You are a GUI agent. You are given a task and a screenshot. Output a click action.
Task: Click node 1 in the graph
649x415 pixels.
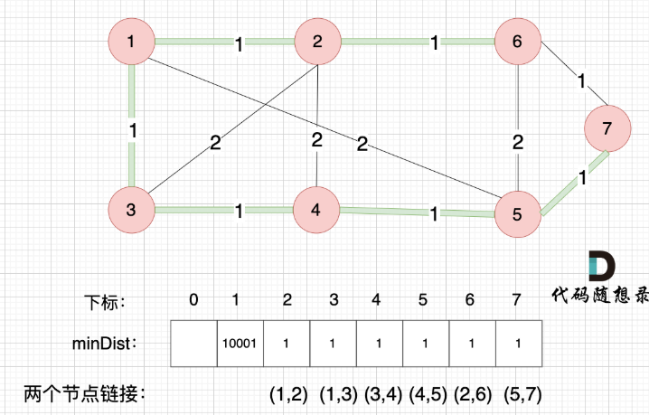[132, 42]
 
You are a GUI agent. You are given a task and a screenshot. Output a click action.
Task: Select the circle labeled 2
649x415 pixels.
[317, 42]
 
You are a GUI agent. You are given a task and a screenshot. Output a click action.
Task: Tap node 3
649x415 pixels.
[132, 211]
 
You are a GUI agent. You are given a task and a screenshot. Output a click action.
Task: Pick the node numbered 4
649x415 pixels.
[315, 211]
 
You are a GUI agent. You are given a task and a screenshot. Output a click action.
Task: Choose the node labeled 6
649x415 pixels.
[517, 42]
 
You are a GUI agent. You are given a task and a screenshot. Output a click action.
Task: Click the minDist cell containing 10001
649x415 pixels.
[240, 344]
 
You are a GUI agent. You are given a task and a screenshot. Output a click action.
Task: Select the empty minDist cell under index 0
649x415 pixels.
[193, 344]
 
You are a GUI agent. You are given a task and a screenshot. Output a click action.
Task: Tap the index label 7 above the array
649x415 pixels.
[517, 300]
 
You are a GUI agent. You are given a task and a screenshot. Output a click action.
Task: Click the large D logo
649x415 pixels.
[603, 266]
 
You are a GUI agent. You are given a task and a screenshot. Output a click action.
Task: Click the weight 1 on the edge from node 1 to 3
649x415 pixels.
[132, 129]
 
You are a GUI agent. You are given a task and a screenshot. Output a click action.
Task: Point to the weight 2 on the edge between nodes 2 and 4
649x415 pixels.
[317, 140]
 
